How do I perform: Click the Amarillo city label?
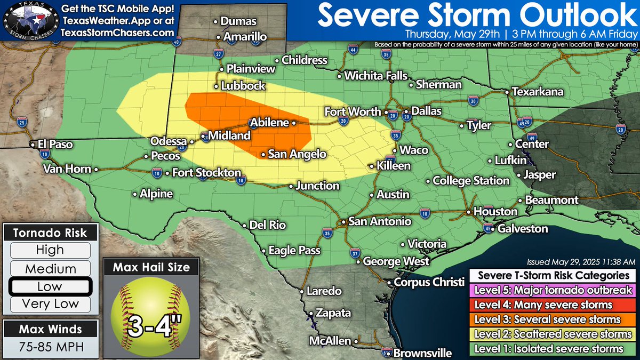point(245,37)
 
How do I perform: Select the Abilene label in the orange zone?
point(269,122)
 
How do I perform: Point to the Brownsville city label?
point(422,353)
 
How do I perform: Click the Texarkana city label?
point(537,92)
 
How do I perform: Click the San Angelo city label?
point(296,154)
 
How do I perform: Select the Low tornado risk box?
point(50,287)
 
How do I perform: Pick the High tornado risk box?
point(50,250)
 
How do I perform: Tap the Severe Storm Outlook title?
point(478,15)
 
